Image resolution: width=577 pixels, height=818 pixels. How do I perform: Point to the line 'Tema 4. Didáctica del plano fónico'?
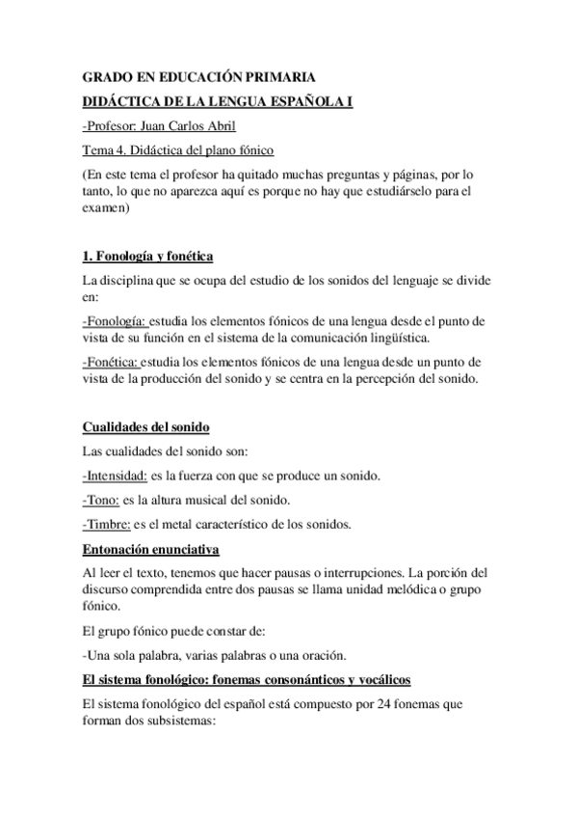click(178, 150)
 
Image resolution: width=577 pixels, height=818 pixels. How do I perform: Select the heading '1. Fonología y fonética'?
click(147, 256)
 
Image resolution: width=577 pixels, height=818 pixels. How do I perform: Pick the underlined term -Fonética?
click(112, 362)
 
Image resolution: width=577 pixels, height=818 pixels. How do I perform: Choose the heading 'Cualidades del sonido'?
click(145, 428)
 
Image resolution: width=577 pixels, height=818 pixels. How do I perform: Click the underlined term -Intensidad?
click(115, 476)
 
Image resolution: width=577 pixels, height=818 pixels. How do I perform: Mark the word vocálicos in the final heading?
click(405, 680)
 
